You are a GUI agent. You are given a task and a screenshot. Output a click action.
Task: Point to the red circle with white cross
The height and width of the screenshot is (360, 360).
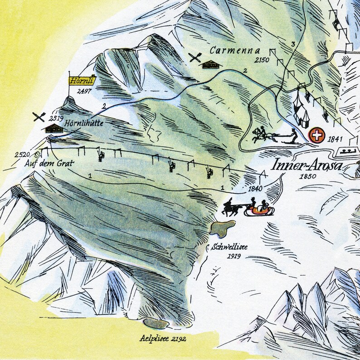coord(317,135)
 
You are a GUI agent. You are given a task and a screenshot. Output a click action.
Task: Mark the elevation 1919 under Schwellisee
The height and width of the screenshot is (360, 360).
coord(232,257)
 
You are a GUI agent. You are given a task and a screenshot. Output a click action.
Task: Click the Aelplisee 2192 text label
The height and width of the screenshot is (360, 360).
coord(163,339)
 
